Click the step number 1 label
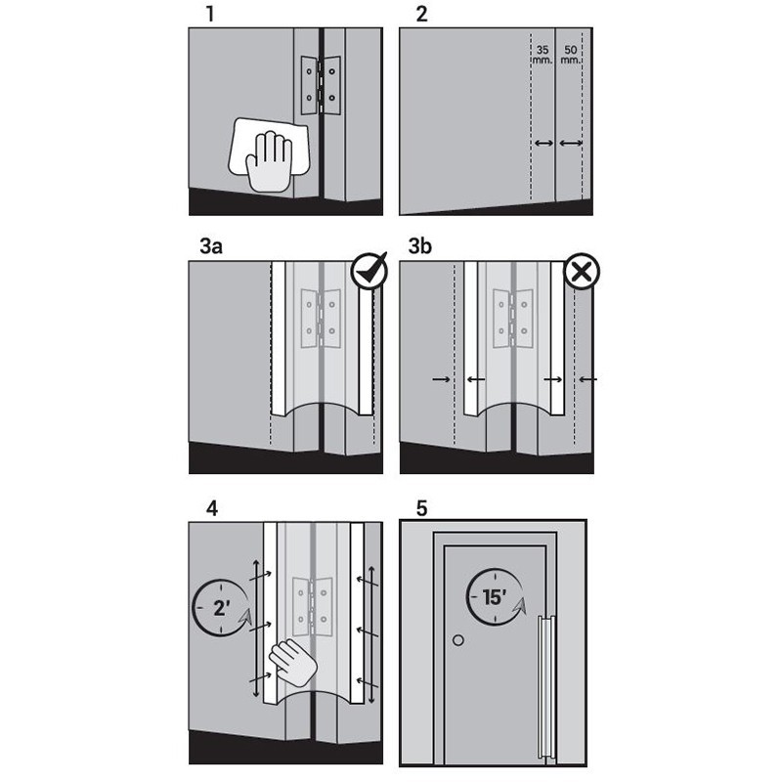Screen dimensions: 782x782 pos(210,14)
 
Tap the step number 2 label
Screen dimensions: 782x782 pos(422,14)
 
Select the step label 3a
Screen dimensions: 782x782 pos(211,246)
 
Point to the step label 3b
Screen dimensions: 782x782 pos(420,246)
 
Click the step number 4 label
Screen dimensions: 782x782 pos(212,508)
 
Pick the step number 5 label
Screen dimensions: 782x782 pos(422,508)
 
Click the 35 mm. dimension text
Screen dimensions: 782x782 pos(543,55)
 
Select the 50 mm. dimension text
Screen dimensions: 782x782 pos(571,55)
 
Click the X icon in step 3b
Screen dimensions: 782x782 pos(582,273)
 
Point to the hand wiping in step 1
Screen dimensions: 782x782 pos(271,161)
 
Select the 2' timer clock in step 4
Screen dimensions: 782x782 pos(222,607)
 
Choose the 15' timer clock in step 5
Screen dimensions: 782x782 pos(496,597)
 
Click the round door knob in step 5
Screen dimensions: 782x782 pos(458,640)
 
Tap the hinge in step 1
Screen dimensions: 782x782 pos(321,85)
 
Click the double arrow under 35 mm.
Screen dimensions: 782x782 pos(543,143)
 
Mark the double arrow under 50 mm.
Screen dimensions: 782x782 pos(571,143)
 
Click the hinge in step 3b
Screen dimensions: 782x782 pos(512,319)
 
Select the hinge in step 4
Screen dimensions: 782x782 pos(312,607)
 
